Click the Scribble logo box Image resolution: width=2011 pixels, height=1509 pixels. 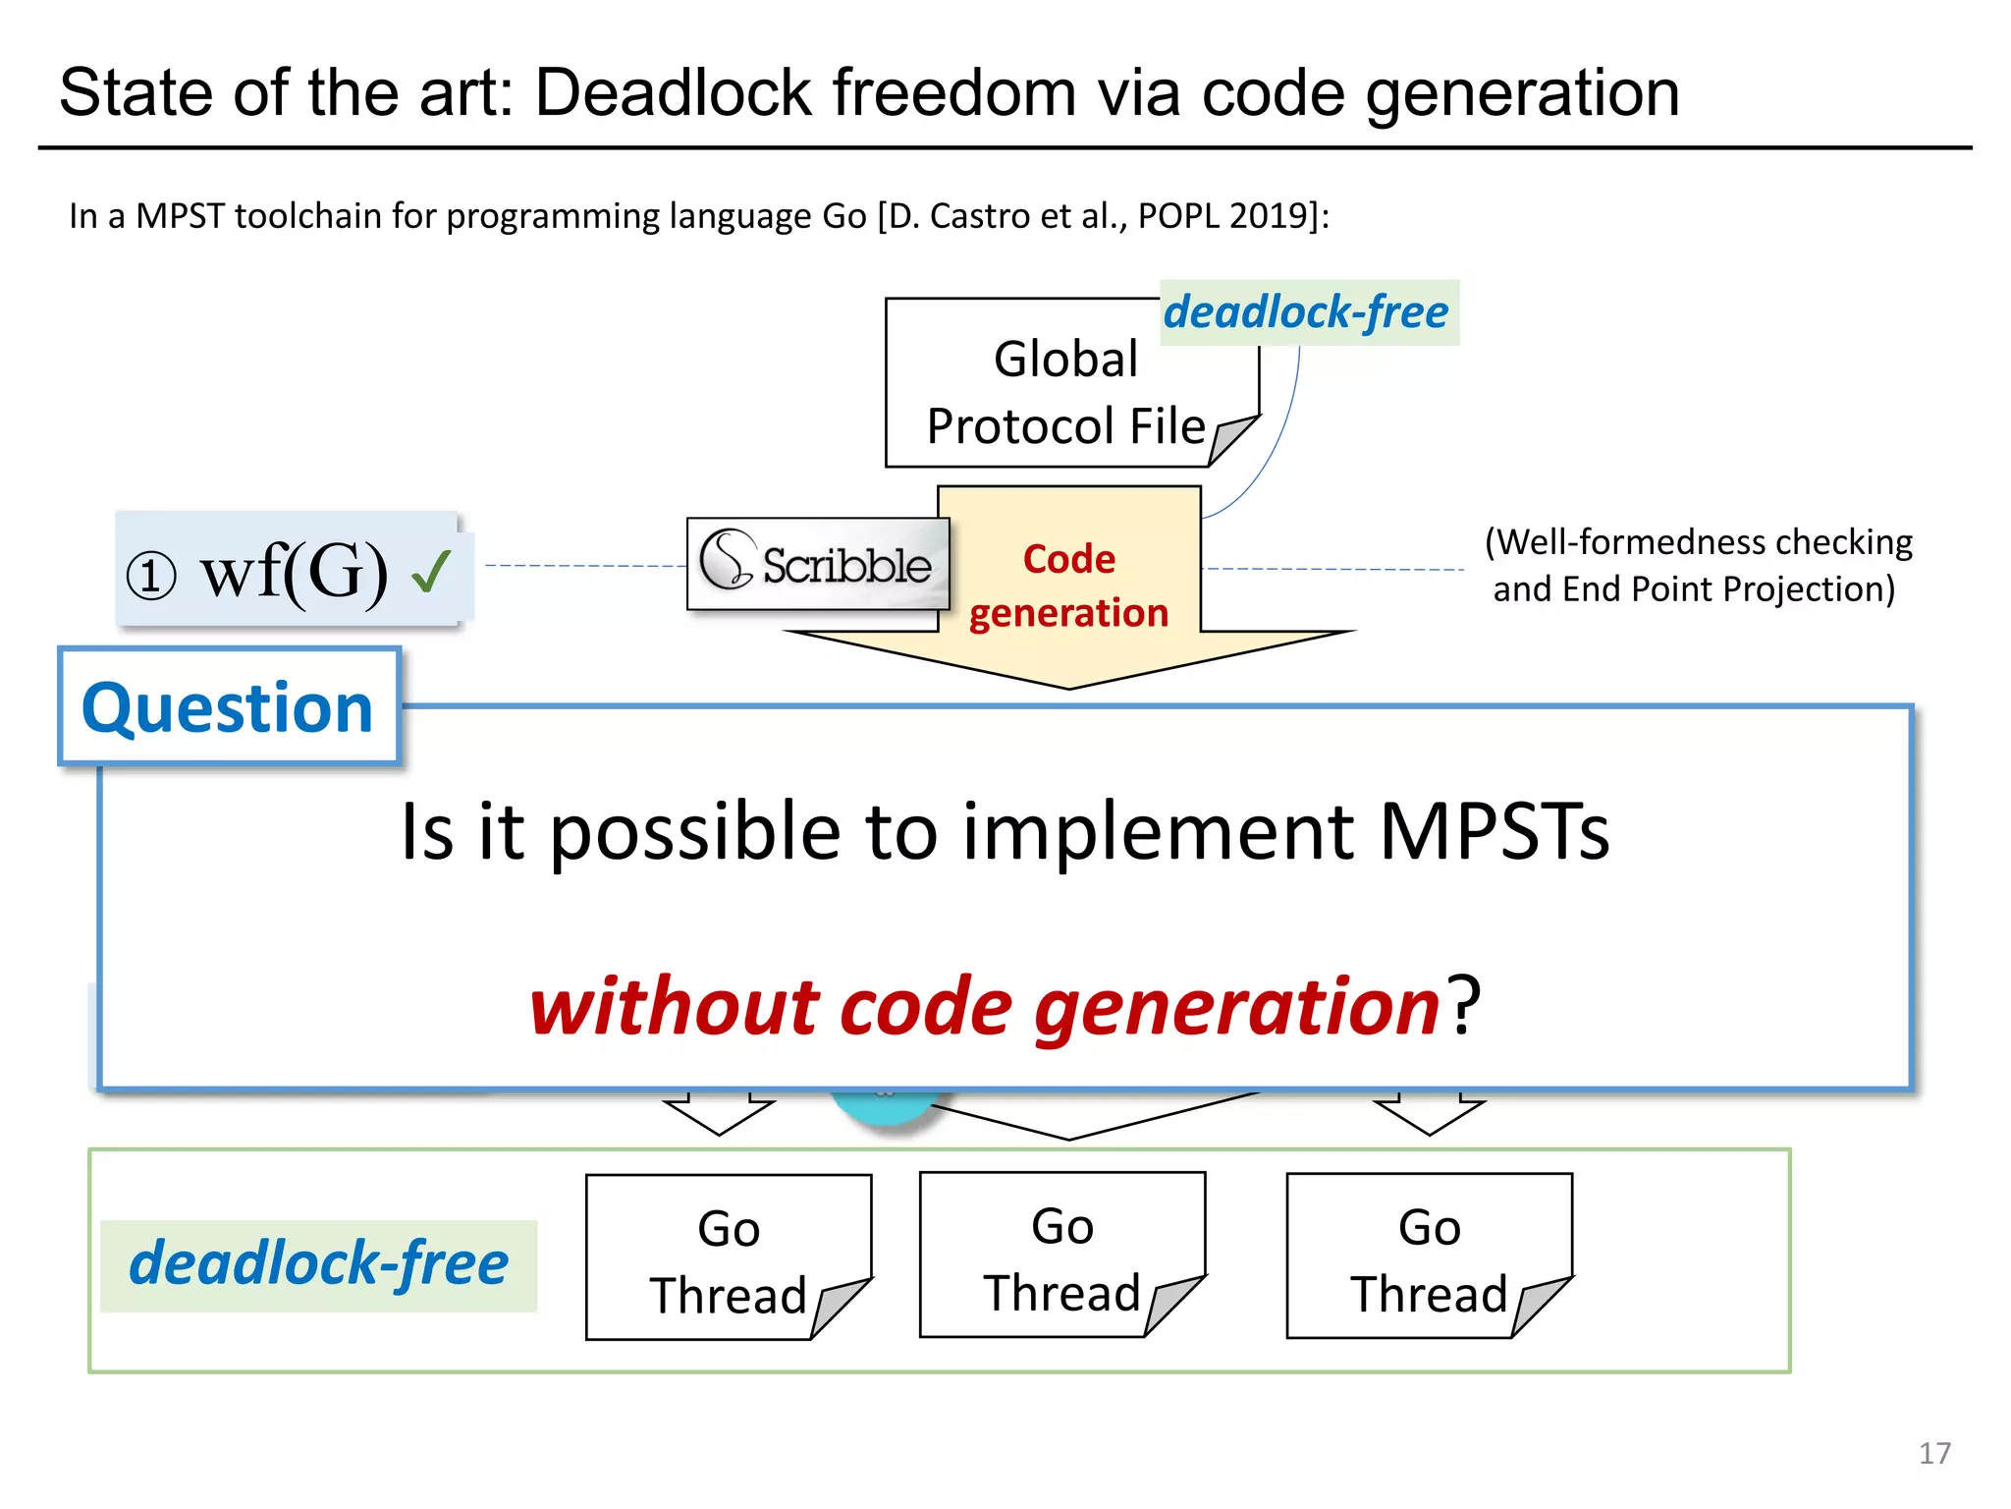(x=817, y=564)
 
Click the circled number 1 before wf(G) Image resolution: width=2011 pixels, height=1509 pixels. (x=151, y=576)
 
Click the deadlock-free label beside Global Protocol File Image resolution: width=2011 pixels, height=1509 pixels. (x=1307, y=312)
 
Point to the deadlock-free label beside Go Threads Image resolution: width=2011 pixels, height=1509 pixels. (x=318, y=1264)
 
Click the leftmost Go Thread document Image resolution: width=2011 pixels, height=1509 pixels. (x=728, y=1258)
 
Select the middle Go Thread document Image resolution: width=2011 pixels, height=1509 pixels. (x=1061, y=1256)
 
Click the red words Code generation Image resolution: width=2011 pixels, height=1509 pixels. (x=1068, y=586)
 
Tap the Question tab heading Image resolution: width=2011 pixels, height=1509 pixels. (x=228, y=707)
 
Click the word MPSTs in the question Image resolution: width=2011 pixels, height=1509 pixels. (x=1494, y=831)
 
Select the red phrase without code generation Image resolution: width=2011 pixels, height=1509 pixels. (x=985, y=1007)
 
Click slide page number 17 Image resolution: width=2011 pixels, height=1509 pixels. (x=1934, y=1453)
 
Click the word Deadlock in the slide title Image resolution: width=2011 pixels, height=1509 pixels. (x=674, y=93)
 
